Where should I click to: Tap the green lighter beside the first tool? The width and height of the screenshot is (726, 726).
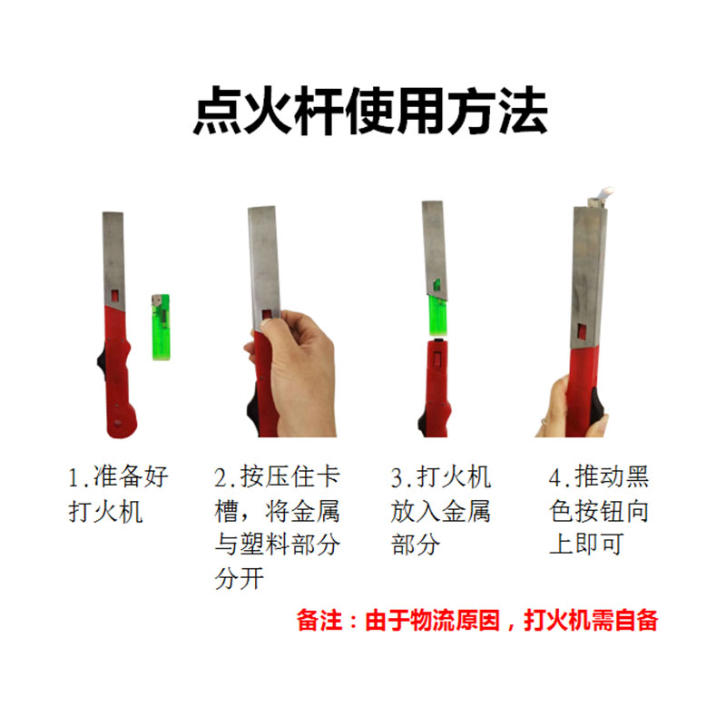click(161, 327)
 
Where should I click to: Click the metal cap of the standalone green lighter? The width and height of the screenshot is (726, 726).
click(161, 301)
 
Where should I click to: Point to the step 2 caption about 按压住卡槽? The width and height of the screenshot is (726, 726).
click(277, 527)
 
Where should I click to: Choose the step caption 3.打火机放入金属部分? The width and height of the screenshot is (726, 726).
click(440, 511)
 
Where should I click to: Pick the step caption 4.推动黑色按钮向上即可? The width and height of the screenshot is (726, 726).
click(599, 511)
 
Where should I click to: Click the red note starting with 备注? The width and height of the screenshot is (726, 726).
click(476, 621)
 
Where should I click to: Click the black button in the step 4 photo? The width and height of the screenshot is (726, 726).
click(594, 399)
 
